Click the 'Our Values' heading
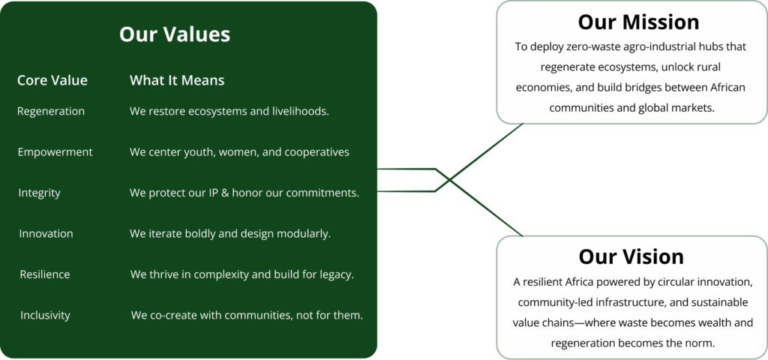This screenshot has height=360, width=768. click(174, 34)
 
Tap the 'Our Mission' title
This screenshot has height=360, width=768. click(638, 21)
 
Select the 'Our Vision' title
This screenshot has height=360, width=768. click(631, 256)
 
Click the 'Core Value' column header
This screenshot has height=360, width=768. click(52, 80)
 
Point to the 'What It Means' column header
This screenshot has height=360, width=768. click(177, 80)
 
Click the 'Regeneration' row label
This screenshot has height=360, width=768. click(51, 112)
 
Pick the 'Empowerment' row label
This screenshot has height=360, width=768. click(55, 152)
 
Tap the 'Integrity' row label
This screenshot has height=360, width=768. click(40, 193)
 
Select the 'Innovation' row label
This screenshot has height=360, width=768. click(46, 233)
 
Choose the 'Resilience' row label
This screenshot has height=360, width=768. click(45, 274)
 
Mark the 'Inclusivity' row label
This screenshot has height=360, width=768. click(45, 315)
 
